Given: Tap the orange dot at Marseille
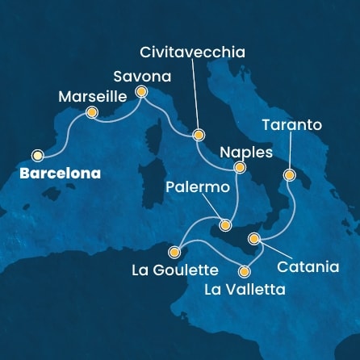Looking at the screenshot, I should [x=91, y=113].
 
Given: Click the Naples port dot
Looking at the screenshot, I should [x=238, y=168].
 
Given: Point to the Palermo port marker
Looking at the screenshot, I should [x=226, y=224].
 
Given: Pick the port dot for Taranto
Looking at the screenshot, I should [x=288, y=174].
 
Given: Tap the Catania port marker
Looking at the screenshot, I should [x=254, y=238].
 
